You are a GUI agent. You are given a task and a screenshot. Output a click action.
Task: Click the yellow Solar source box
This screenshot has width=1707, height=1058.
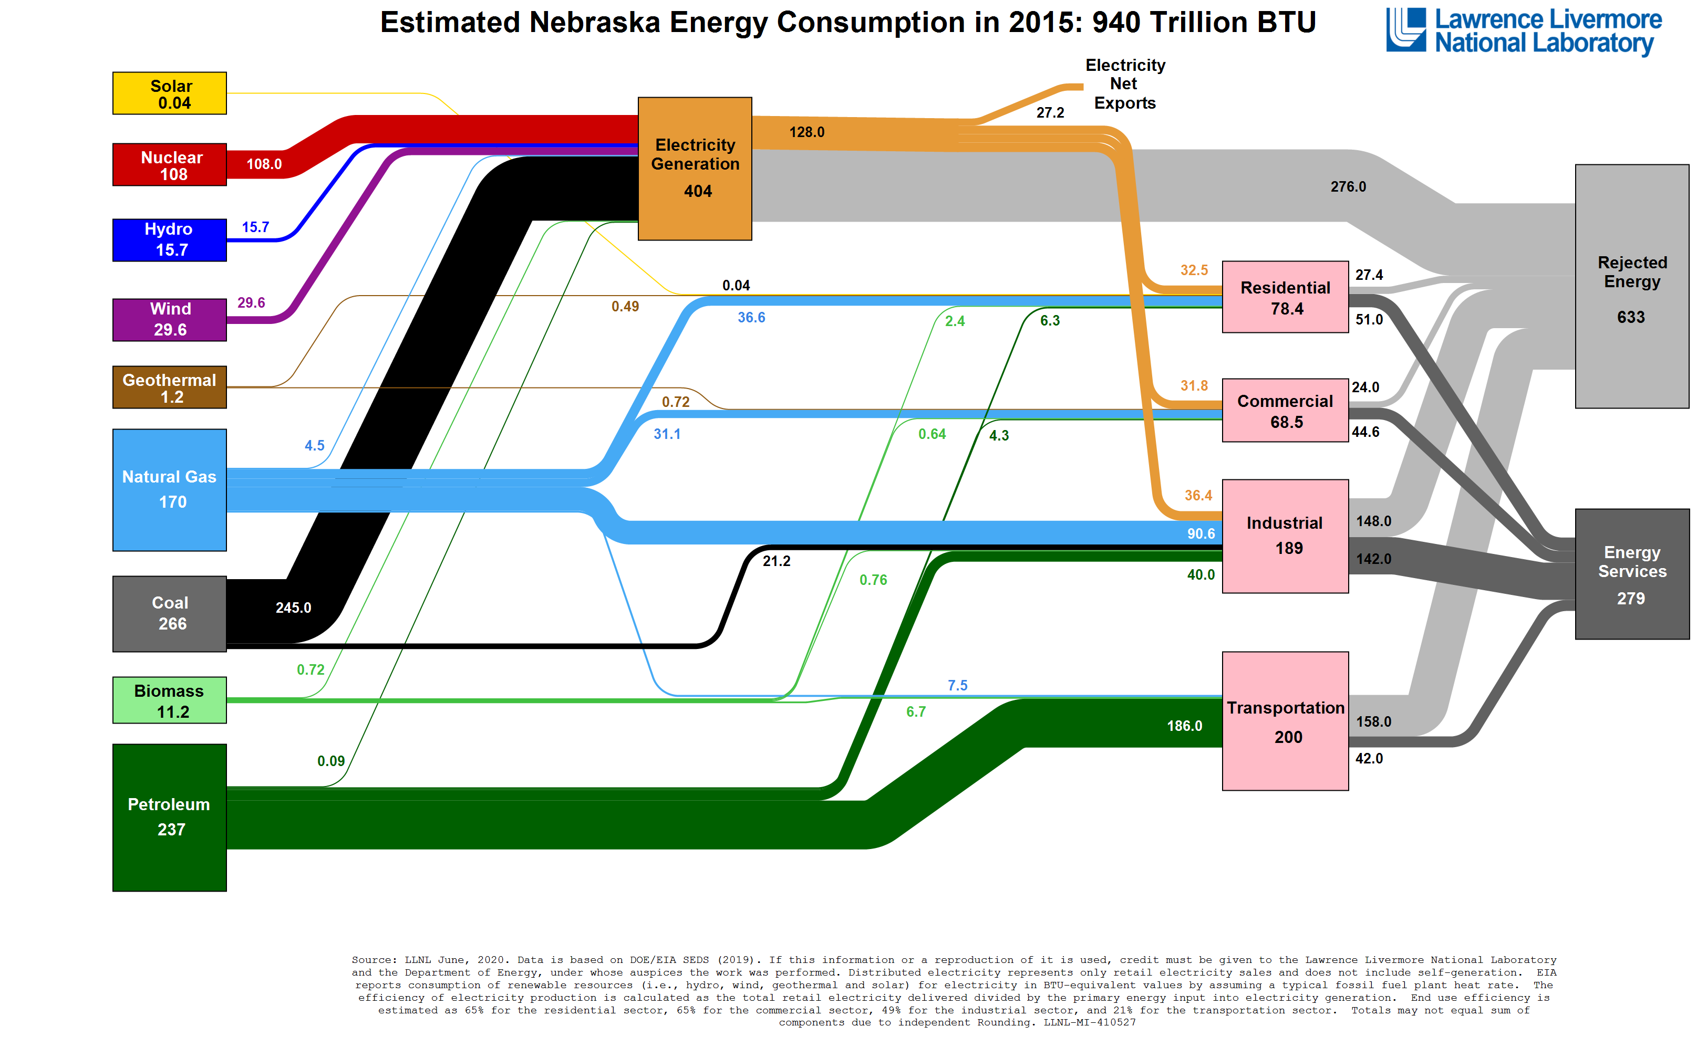(x=170, y=93)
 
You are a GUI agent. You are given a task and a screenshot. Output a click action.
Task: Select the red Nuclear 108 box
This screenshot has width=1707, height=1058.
(x=170, y=164)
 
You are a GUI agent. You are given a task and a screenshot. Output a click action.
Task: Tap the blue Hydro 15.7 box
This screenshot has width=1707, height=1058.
(x=170, y=240)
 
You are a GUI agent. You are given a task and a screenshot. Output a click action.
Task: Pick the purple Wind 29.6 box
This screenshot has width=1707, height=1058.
(x=170, y=320)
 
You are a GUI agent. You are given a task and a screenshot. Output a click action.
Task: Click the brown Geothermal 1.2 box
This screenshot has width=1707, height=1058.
(x=170, y=387)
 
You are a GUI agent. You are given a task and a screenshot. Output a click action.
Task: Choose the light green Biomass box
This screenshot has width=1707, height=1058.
(x=170, y=700)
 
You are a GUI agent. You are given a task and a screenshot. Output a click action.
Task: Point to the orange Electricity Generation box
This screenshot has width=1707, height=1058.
(x=695, y=169)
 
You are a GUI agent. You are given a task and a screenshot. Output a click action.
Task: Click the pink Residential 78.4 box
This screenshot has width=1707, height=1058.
(x=1285, y=297)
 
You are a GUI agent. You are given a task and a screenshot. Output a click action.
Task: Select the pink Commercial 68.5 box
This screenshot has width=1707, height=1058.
(x=1285, y=410)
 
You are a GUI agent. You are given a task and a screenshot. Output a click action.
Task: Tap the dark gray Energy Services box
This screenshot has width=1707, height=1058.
(x=1631, y=574)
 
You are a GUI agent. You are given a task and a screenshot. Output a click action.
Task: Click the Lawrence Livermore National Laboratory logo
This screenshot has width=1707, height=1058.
(x=1524, y=31)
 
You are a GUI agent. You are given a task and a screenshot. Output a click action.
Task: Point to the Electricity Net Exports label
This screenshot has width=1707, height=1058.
(x=1124, y=84)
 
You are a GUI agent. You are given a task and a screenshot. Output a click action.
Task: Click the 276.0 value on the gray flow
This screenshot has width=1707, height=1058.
(x=1348, y=187)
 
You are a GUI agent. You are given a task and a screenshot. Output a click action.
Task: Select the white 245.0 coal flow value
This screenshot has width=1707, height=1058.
(x=293, y=608)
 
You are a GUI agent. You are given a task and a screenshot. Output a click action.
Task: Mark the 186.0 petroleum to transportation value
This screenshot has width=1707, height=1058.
(x=1184, y=726)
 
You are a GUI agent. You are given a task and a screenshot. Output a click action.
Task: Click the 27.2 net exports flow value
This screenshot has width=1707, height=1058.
(x=1050, y=113)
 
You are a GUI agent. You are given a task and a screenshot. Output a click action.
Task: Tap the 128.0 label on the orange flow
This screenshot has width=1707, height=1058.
(x=806, y=132)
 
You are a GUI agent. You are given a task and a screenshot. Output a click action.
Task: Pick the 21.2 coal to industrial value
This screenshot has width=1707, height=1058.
(x=777, y=561)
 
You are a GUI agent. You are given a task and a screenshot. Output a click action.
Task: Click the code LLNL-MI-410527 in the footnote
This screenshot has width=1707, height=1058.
(x=1090, y=1022)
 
